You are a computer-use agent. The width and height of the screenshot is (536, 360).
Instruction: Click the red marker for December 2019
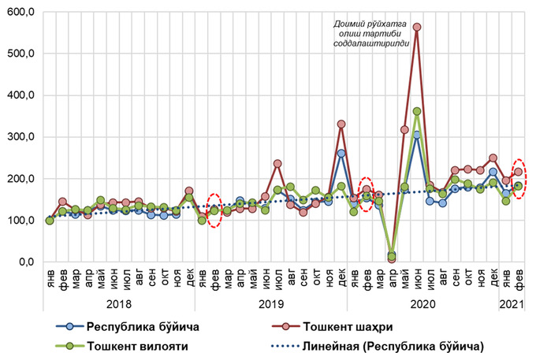tap(341, 124)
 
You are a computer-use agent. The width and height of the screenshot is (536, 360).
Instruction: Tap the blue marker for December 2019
tap(341, 153)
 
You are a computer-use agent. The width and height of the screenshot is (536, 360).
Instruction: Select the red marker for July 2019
tap(277, 164)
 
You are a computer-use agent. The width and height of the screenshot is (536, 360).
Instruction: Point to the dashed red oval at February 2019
tap(214, 210)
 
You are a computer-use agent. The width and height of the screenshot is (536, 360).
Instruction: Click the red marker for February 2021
tap(519, 171)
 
